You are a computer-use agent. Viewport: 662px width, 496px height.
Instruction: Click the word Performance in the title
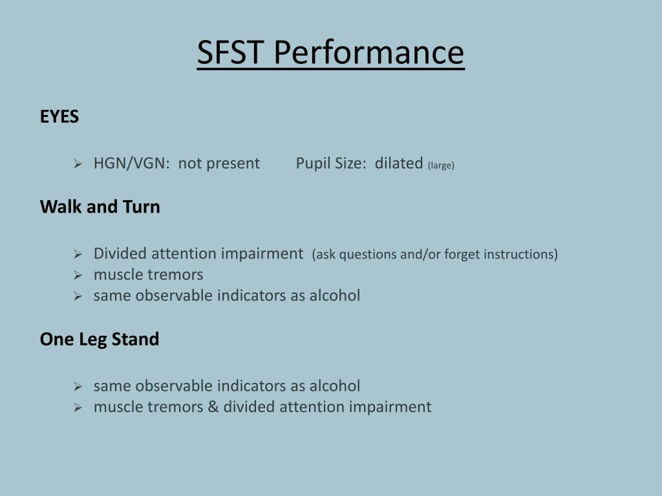(x=368, y=54)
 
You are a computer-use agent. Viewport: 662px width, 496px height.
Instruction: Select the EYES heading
(x=59, y=117)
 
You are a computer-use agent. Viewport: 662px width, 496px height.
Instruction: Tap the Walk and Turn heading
(x=100, y=207)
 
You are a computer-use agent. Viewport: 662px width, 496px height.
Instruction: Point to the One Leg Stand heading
(x=100, y=339)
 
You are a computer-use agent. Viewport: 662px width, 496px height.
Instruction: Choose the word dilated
(x=399, y=163)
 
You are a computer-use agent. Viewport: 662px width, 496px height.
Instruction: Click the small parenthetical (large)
(x=441, y=165)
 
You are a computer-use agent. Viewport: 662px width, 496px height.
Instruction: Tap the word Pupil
(x=314, y=163)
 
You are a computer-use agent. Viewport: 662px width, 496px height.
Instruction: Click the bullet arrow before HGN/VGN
(x=77, y=164)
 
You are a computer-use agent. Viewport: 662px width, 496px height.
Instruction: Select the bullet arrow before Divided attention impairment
(x=77, y=254)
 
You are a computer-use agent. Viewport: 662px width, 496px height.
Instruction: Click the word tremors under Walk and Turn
(x=177, y=275)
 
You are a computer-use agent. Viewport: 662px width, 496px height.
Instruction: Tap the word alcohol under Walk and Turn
(x=335, y=296)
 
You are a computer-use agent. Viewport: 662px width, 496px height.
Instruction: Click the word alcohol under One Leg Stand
(x=335, y=386)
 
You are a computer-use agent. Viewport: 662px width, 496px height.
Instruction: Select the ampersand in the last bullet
(x=213, y=407)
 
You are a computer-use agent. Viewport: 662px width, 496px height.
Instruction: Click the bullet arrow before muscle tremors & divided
(x=77, y=408)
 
